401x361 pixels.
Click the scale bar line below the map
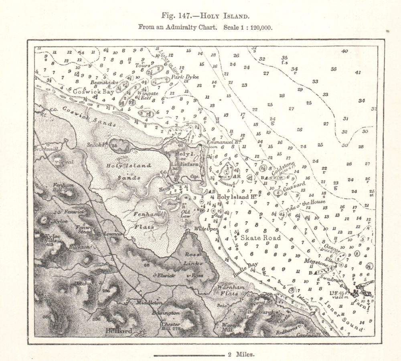click(188, 355)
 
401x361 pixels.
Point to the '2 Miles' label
click(240, 355)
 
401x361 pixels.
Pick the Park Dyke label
click(185, 77)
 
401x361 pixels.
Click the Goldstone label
click(284, 168)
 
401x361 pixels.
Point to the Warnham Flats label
click(227, 290)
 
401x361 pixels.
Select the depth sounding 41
click(358, 73)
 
